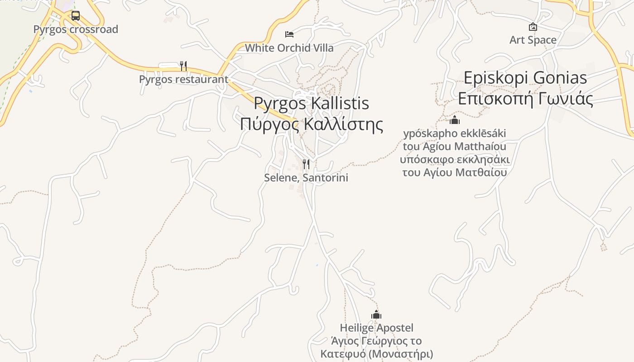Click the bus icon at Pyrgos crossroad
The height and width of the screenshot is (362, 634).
coord(76,16)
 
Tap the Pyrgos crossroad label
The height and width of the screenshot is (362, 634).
coord(76,29)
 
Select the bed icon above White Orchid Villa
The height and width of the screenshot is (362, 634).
coord(289,34)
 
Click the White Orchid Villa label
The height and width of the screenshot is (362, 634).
coord(289,48)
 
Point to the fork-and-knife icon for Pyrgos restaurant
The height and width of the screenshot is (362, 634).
coord(183,66)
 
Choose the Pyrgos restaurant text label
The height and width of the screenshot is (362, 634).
coord(183,79)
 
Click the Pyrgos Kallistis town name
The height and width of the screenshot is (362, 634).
coord(311,103)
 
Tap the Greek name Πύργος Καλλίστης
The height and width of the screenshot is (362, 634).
coord(311,124)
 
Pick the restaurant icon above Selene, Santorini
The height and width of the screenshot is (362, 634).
coord(306,164)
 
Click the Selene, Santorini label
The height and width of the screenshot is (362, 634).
coord(306,177)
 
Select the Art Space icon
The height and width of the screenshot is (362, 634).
coord(533,27)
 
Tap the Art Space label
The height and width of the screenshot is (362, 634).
coord(533,40)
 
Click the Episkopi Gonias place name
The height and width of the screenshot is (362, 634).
coord(525,78)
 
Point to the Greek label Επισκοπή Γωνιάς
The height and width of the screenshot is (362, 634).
coord(525,98)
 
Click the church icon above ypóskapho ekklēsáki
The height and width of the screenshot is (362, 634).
coord(455,120)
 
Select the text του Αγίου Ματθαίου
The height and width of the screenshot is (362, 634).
coord(455,172)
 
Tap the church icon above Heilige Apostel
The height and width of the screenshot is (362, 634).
coord(376,314)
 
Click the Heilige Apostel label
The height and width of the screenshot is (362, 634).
coord(377,328)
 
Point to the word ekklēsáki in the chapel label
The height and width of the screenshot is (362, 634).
coord(477,134)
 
